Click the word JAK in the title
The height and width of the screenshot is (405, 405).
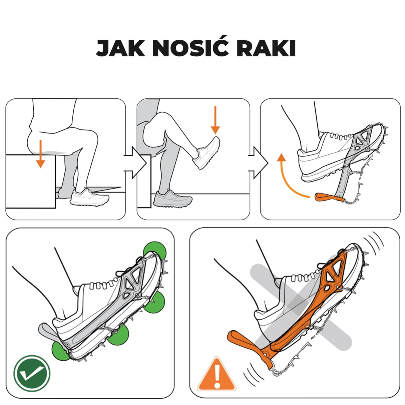click(120, 49)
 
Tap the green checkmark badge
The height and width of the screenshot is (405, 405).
click(32, 373)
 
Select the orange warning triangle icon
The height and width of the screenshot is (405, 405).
click(217, 375)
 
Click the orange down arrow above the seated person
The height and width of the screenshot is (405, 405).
click(40, 154)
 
